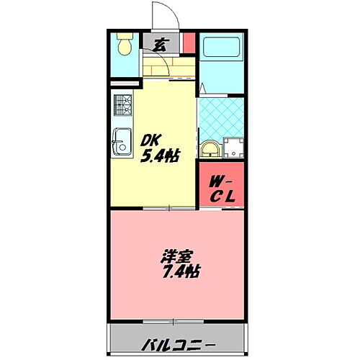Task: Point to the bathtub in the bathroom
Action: pos(222,50)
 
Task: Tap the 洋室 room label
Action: pos(176,256)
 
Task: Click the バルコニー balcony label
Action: pos(178,338)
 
